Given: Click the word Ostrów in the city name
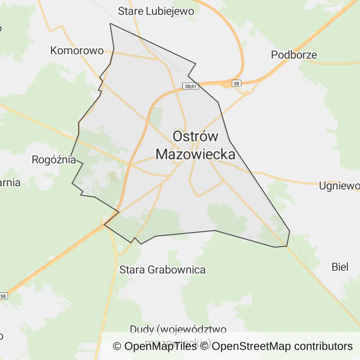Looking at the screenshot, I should click(x=195, y=136).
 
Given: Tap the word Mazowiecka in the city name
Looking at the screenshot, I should click(x=195, y=154).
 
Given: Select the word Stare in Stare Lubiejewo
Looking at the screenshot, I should click(x=131, y=10).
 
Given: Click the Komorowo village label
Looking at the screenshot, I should click(x=77, y=50).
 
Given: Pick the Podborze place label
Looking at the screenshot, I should click(x=294, y=54).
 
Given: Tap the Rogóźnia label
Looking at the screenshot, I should click(x=53, y=159).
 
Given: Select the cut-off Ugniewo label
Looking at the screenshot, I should click(x=339, y=186).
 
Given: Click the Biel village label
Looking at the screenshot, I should click(x=340, y=267).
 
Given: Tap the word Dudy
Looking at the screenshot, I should click(x=141, y=329).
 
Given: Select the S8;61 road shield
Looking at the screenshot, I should click(x=191, y=86).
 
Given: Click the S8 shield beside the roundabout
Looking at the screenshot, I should click(x=237, y=83).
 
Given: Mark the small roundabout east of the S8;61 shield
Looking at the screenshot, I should click(x=246, y=93).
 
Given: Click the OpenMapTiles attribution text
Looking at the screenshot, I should click(x=154, y=346).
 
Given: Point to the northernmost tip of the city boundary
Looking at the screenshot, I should click(x=110, y=23).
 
